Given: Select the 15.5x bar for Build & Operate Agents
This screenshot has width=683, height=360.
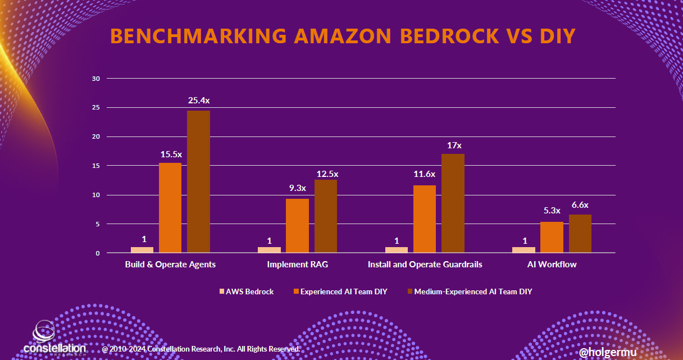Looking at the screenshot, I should click(170, 208).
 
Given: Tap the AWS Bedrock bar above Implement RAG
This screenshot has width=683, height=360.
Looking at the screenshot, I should click(269, 250).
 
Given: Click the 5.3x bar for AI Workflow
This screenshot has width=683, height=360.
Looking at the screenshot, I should click(552, 238).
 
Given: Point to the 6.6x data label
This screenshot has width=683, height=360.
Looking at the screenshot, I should click(580, 205).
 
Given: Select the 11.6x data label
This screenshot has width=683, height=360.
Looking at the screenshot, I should click(424, 174).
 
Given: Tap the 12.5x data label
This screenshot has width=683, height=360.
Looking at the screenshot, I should click(326, 174).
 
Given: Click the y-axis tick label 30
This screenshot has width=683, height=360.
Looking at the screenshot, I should click(95, 79).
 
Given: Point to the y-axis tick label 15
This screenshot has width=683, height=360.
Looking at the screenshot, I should click(95, 166).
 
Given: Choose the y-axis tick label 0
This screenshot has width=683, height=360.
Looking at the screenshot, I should click(97, 253).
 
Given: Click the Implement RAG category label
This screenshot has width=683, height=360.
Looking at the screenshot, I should click(297, 264).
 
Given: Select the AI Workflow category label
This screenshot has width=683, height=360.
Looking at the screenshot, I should click(552, 264).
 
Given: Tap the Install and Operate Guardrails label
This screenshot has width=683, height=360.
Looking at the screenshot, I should click(425, 264).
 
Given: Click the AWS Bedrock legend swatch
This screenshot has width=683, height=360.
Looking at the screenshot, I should click(221, 291).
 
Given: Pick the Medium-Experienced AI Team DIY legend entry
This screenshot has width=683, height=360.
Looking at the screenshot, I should click(468, 291).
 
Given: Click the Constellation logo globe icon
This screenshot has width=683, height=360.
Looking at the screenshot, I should click(45, 331).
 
